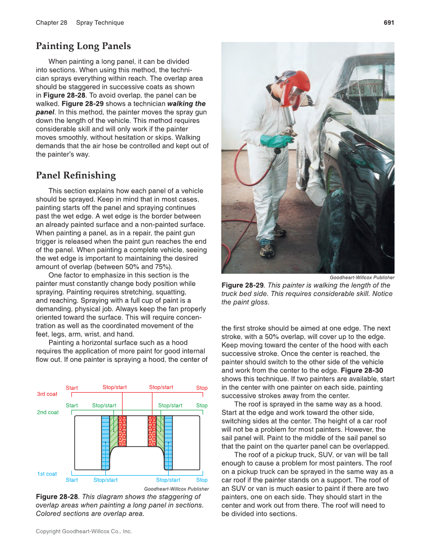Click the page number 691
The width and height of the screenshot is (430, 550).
[388, 23]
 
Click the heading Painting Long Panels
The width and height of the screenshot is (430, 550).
[83, 46]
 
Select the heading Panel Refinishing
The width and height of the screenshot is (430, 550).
[75, 176]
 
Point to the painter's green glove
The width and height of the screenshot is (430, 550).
[277, 140]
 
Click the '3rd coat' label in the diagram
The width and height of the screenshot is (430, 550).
[47, 394]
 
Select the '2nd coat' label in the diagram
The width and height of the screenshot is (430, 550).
[48, 412]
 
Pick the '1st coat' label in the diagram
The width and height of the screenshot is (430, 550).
[47, 474]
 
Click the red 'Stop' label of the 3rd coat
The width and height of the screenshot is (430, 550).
[202, 388]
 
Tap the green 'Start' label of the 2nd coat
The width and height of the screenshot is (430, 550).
[72, 406]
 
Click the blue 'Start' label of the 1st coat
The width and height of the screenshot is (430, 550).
[72, 480]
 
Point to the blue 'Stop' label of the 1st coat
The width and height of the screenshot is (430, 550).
[202, 480]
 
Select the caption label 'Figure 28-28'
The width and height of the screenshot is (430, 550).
[57, 497]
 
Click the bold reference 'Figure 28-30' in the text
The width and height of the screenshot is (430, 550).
[362, 370]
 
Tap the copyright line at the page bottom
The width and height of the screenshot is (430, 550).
[84, 531]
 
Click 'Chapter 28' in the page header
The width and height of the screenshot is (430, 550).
[51, 23]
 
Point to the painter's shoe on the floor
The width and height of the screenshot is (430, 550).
[266, 249]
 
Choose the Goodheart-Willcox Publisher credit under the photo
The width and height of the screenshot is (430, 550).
[362, 277]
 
